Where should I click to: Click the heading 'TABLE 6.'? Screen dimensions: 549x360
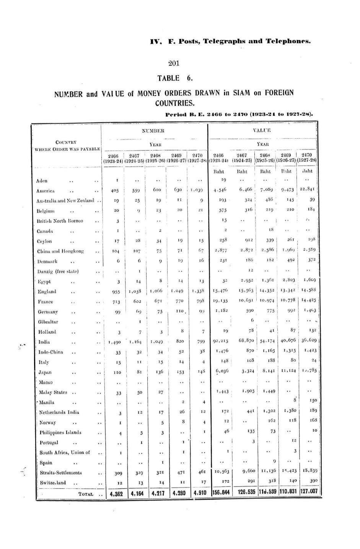pyautogui.click(x=174, y=78)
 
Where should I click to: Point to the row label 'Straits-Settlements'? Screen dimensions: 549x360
pyautogui.click(x=60, y=473)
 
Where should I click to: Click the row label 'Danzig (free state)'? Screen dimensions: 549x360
pyautogui.click(x=57, y=271)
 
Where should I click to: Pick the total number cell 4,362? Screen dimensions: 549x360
pyautogui.click(x=116, y=494)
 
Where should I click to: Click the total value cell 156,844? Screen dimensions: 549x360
pyautogui.click(x=221, y=494)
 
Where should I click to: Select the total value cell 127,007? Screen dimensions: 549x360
pyautogui.click(x=308, y=493)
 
